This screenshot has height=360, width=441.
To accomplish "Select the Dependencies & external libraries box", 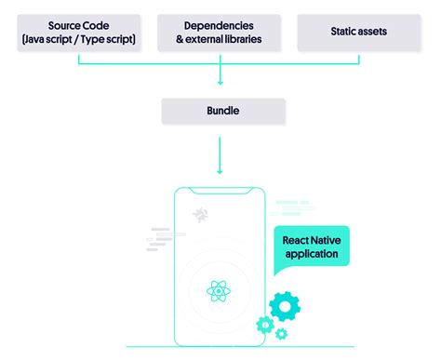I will point(220,32).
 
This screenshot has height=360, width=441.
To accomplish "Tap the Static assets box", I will point(359,32).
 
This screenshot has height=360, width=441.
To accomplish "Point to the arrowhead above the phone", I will point(220,170).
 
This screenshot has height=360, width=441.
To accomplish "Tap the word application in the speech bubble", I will point(312,254).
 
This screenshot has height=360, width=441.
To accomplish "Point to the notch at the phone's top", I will point(220,192).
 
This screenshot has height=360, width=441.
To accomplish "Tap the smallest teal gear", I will point(280,333).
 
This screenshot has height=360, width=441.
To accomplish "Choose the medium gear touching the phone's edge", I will point(263,325).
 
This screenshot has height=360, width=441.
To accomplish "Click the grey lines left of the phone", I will point(160,233).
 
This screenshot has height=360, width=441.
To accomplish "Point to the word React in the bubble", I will point(297,240).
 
